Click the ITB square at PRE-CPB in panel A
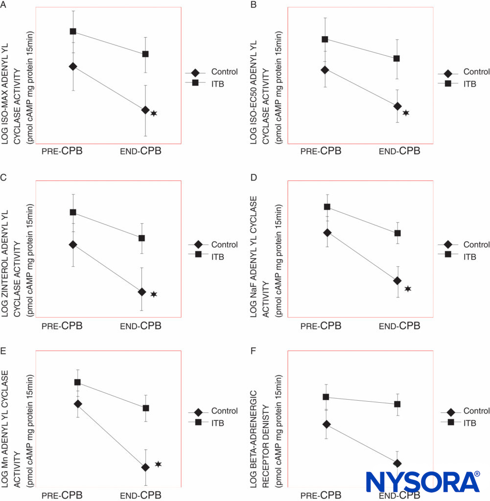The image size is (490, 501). (73, 31)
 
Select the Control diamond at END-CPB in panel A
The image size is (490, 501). (145, 110)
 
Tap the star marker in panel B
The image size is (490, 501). (406, 113)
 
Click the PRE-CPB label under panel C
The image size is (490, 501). (62, 326)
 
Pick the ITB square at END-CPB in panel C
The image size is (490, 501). (142, 238)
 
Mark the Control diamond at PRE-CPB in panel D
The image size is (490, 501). (327, 232)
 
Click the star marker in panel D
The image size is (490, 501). (407, 289)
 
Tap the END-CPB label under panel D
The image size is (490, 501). (399, 326)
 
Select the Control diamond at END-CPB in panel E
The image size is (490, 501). (145, 467)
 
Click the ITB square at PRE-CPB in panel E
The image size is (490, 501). (77, 382)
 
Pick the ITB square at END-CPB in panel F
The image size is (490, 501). (397, 404)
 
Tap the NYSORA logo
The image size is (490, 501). (423, 482)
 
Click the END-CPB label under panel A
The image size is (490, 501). (141, 151)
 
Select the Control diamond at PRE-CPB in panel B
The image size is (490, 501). (324, 70)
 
